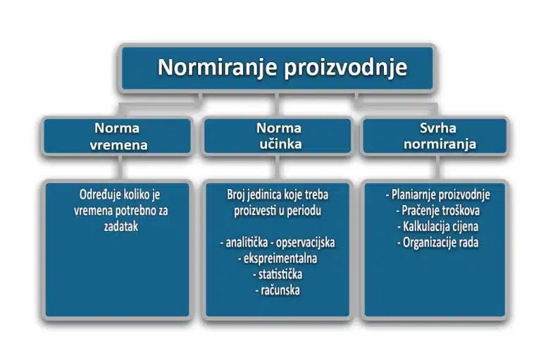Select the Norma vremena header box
coord(117,136)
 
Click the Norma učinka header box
coord(278,136)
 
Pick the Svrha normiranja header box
coord(435,136)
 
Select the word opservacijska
coord(305,242)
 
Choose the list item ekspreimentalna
coord(278,259)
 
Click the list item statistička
coord(278,274)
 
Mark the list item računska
coord(278,290)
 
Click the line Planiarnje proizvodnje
coord(437,194)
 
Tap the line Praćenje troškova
coord(437,211)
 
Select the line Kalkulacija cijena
coord(437,226)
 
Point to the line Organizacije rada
coord(437,242)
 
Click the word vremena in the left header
coord(117,144)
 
